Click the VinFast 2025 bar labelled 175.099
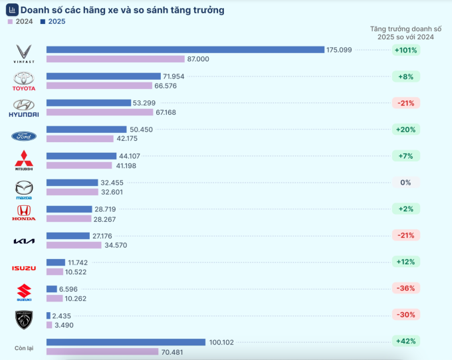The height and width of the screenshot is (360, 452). pyautogui.click(x=185, y=50)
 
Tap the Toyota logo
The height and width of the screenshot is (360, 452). pyautogui.click(x=24, y=81)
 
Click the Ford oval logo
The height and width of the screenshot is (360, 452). pyautogui.click(x=24, y=136)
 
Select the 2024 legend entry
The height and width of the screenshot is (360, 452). pyautogui.click(x=20, y=21)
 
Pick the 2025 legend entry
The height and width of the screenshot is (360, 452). pyautogui.click(x=53, y=21)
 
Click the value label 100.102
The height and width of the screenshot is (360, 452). pyautogui.click(x=222, y=342)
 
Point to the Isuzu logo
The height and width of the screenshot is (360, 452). pyautogui.click(x=24, y=268)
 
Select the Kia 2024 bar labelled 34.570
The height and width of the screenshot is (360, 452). pyautogui.click(x=74, y=245)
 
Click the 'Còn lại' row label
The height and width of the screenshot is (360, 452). pyautogui.click(x=24, y=348)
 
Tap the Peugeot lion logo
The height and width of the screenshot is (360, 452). pyautogui.click(x=24, y=320)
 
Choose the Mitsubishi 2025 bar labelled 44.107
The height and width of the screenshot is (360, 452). pyautogui.click(x=81, y=156)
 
